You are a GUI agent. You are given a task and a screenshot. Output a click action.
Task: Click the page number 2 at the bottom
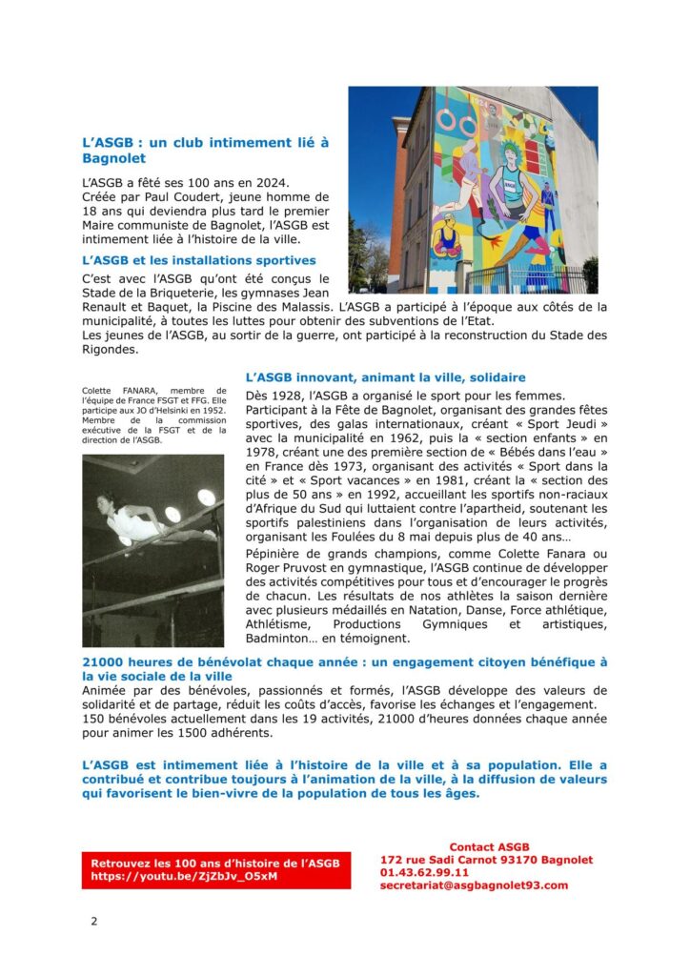[93, 921]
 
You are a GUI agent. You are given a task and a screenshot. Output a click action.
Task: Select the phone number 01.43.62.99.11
[424, 872]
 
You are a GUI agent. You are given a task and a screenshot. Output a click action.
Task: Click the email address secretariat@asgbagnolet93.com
[474, 884]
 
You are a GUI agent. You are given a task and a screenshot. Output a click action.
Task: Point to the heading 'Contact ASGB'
[488, 846]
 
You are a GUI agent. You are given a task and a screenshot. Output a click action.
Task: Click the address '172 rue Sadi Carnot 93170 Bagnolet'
[486, 860]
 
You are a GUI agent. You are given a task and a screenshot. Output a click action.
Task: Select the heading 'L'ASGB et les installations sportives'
[199, 259]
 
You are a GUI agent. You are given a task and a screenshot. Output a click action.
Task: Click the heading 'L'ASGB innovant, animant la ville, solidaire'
[386, 377]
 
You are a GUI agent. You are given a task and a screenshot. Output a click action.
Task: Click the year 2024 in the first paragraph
[269, 181]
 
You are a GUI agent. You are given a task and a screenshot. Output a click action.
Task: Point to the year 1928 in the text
[289, 396]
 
